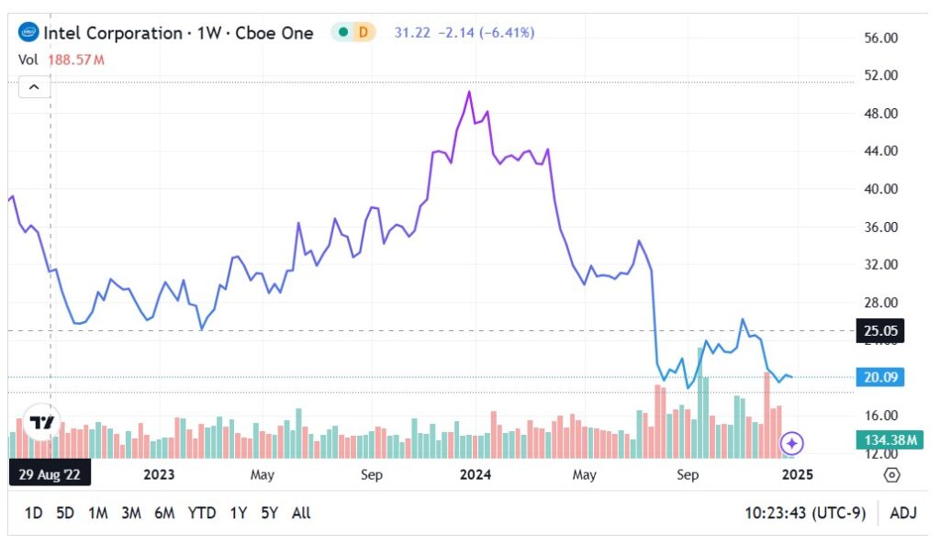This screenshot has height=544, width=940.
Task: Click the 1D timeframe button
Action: (33, 513)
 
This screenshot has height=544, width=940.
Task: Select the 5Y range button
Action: (268, 513)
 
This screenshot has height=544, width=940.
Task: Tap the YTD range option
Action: (201, 513)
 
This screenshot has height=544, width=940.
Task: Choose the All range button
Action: (300, 513)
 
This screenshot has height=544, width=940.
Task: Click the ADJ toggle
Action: (902, 513)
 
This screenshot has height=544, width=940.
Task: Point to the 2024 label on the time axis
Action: (476, 474)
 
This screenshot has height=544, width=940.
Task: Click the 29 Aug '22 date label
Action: (49, 474)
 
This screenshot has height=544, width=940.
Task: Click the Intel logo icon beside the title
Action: (28, 33)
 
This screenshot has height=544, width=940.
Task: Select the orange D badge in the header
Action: (364, 32)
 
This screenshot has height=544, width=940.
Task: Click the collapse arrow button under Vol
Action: (34, 87)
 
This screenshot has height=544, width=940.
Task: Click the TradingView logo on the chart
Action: (42, 423)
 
